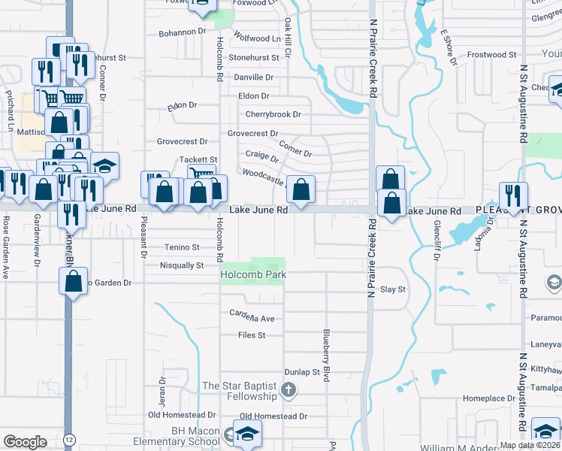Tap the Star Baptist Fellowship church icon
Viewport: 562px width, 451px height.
(289, 389)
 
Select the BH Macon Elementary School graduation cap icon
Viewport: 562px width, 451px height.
(246, 433)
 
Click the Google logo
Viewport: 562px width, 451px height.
(25, 442)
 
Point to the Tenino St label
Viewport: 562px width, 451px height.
(182, 247)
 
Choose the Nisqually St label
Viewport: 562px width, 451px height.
(182, 265)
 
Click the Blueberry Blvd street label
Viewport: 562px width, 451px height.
(327, 356)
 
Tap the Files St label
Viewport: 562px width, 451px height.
(252, 335)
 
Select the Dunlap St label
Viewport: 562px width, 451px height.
(302, 372)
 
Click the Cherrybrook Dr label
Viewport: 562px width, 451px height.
(273, 114)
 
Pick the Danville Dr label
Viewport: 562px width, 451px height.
(252, 77)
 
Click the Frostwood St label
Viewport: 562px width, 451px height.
(491, 55)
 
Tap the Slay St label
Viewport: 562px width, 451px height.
(393, 289)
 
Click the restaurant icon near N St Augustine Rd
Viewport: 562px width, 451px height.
(513, 195)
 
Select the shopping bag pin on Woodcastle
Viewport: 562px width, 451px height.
(301, 190)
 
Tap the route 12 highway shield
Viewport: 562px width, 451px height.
(69, 438)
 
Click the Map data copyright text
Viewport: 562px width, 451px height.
(529, 445)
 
